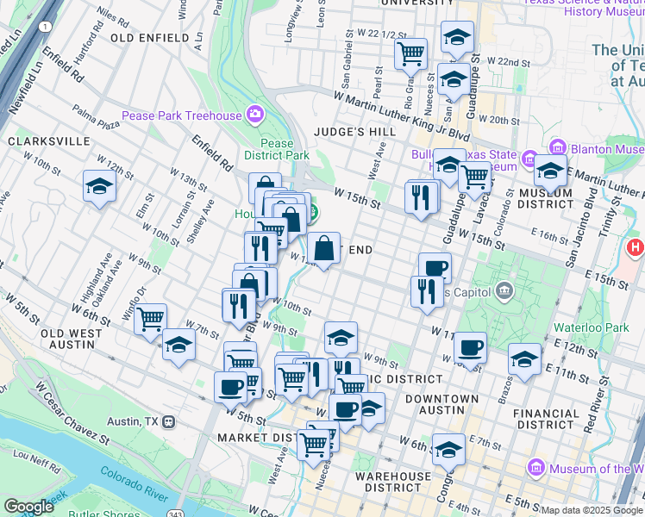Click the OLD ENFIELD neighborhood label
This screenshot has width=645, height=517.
click(x=149, y=38)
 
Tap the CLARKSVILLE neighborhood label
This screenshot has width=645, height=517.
click(x=48, y=140)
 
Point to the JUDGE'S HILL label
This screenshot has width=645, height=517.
click(x=354, y=132)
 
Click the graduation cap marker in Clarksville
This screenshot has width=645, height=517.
click(x=99, y=185)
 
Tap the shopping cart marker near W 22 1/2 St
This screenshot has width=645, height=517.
click(x=410, y=53)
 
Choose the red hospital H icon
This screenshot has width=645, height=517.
click(x=636, y=249)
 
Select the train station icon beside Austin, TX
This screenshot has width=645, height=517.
click(x=170, y=422)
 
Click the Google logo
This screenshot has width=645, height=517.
click(x=28, y=506)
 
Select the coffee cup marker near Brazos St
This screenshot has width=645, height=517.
click(x=469, y=347)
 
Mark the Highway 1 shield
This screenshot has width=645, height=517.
click(x=42, y=28)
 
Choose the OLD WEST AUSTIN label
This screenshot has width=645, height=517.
click(x=60, y=339)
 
